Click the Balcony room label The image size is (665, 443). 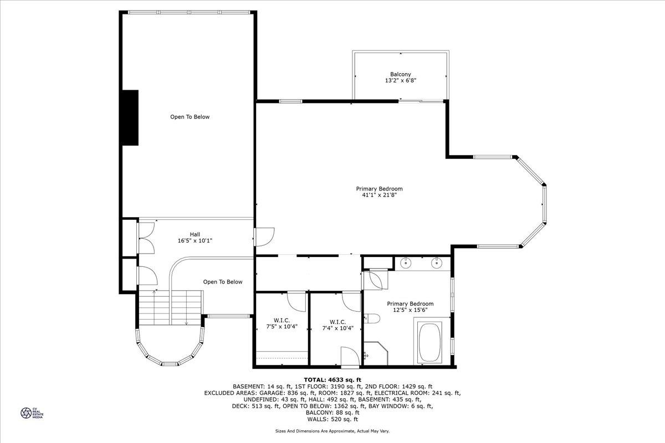(400, 74)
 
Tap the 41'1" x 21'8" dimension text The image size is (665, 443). (379, 195)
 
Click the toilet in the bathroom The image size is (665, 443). (371, 319)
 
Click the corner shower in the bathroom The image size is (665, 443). (375, 353)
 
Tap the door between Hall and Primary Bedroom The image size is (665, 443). (263, 237)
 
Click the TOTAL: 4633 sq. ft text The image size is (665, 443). (332, 379)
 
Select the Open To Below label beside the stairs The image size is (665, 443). (222, 282)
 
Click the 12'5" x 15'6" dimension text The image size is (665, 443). (410, 310)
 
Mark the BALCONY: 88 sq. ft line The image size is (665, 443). (332, 413)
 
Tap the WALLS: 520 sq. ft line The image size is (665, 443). (332, 419)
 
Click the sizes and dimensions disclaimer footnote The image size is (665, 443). (332, 431)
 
